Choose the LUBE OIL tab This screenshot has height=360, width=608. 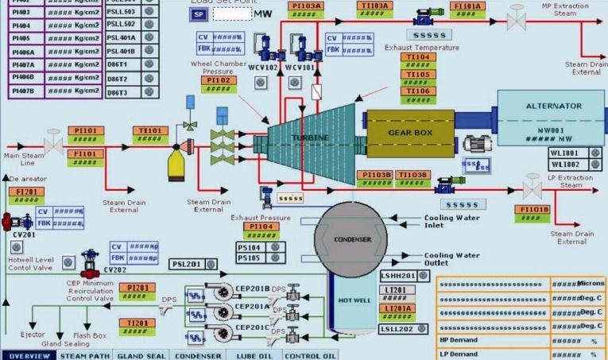click(x=254, y=355)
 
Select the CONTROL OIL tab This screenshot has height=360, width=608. click(x=310, y=355)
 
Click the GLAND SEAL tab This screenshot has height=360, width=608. click(x=140, y=355)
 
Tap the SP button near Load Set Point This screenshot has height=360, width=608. click(x=199, y=15)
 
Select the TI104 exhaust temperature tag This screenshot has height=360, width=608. click(x=419, y=57)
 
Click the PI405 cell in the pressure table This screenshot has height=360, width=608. click(x=20, y=37)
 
